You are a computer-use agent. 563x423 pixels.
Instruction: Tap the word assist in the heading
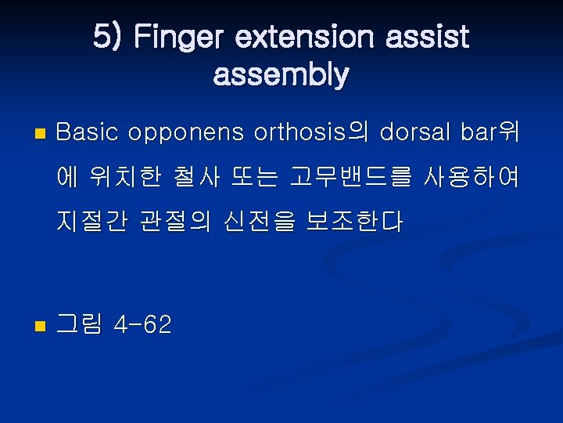(x=429, y=37)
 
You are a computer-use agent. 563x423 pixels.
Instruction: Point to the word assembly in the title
(x=281, y=75)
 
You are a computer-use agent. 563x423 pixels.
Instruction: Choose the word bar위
(x=489, y=132)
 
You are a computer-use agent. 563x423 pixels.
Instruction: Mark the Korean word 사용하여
(x=472, y=178)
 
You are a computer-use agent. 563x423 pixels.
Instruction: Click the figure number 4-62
(x=142, y=324)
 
